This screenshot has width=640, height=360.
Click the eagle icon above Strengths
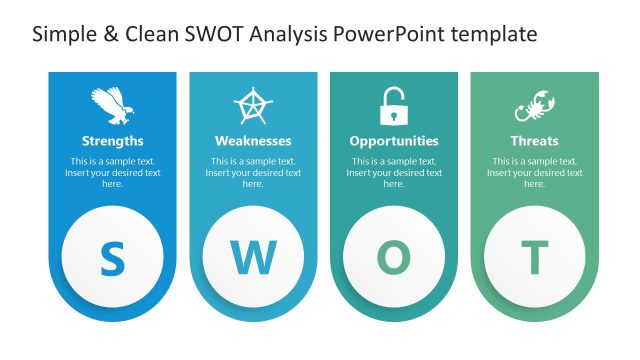pos(112,105)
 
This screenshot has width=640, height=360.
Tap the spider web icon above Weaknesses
pos(253,105)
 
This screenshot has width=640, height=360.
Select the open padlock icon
pos(393,105)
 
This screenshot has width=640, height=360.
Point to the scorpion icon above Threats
pos(534,105)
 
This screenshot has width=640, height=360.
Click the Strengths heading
pos(112,141)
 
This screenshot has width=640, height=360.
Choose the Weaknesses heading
pos(253,141)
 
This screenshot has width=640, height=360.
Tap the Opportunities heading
pos(394,141)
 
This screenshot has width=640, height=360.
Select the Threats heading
pos(534,141)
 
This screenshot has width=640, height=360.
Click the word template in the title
pos(493,34)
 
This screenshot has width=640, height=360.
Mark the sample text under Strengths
pos(112,172)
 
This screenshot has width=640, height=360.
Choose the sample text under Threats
pos(534,172)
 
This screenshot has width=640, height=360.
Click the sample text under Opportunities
pos(394,172)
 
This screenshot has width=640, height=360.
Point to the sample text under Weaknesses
pos(253,172)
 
